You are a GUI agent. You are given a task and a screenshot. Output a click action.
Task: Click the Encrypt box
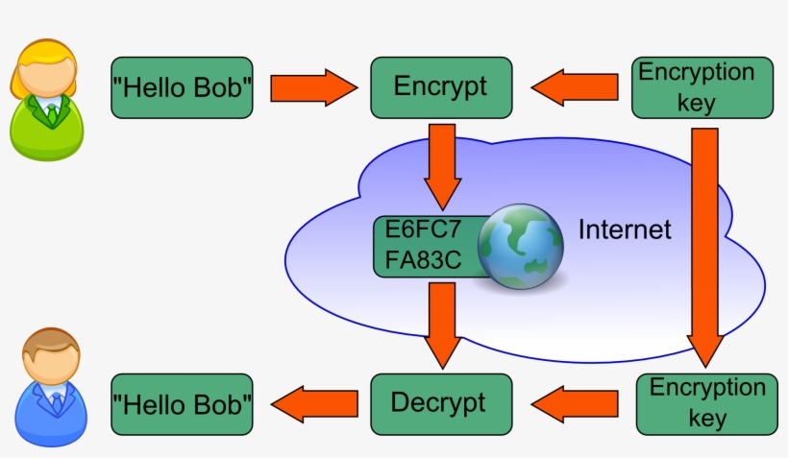click(x=439, y=86)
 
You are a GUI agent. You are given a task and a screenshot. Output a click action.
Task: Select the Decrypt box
click(x=438, y=402)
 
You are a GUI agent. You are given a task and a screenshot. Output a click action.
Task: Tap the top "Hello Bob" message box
click(x=182, y=87)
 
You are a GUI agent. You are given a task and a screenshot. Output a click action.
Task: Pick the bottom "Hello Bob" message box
click(x=182, y=402)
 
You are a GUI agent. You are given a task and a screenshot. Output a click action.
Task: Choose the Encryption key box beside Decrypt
click(x=707, y=403)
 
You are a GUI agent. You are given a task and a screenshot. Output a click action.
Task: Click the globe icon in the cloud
click(x=521, y=247)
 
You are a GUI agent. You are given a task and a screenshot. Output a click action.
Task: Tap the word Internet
click(x=625, y=230)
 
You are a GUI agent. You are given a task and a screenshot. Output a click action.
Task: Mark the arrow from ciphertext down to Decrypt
click(x=442, y=325)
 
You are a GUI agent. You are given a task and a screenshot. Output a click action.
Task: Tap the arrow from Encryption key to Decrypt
click(x=576, y=403)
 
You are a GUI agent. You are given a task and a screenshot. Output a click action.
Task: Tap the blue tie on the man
click(x=57, y=402)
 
